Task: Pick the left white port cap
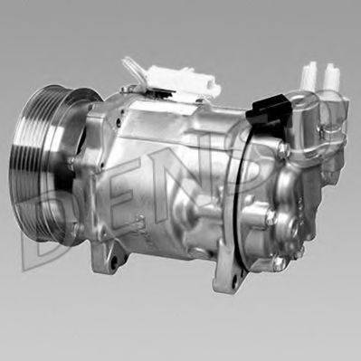311,74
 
